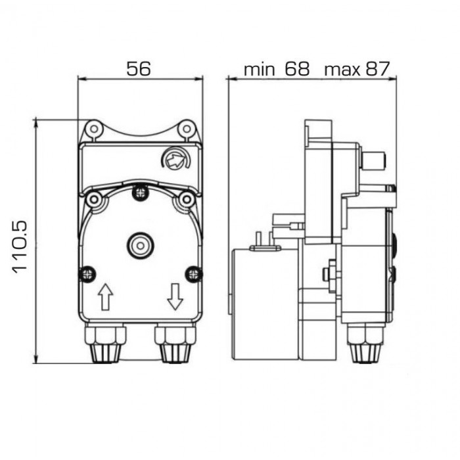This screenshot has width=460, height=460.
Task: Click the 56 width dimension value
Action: [x=139, y=68]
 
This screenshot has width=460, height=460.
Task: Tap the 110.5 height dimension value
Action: [x=20, y=248]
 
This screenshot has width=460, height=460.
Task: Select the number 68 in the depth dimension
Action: [x=297, y=68]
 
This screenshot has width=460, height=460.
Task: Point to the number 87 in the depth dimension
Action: [x=378, y=68]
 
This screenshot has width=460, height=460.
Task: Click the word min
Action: [x=260, y=70]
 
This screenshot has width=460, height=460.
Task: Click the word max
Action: [x=342, y=70]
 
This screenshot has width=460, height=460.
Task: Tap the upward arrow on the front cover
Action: [x=105, y=296]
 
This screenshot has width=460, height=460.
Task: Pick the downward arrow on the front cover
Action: [x=175, y=296]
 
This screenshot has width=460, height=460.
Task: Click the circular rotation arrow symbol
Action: [x=175, y=159]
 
